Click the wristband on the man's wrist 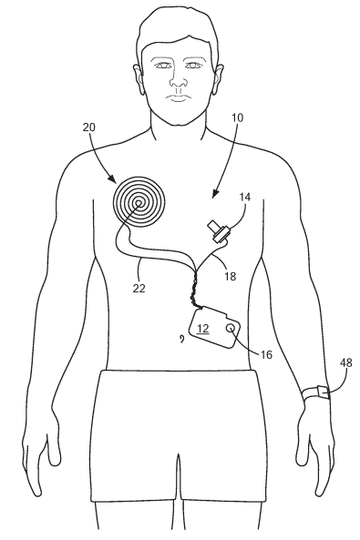click(x=314, y=393)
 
